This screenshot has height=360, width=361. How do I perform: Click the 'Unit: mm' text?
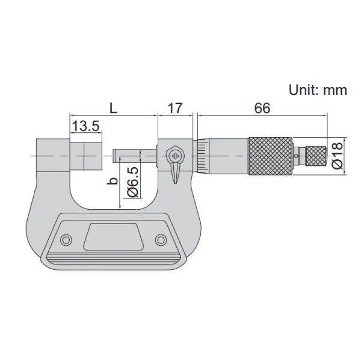tap(318, 90)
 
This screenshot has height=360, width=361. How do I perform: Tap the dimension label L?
tap(113, 108)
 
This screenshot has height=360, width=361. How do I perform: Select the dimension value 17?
tap(175, 108)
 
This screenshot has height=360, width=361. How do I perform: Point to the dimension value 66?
tap(262, 108)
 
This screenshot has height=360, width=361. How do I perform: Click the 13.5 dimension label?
tap(85, 126)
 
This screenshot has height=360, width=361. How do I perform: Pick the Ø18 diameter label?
tap(338, 156)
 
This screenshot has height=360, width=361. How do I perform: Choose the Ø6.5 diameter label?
tap(133, 182)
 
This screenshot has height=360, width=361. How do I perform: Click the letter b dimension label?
tap(113, 181)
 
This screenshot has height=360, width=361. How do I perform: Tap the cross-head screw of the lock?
tap(175, 156)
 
